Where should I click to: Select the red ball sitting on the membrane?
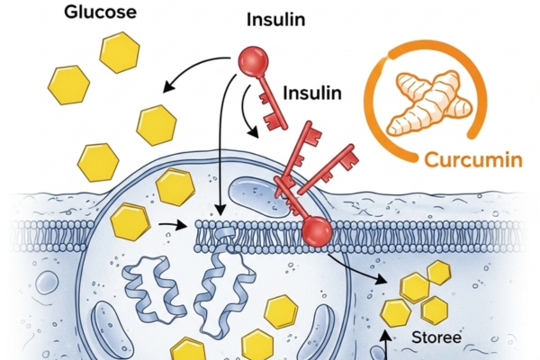pyautogui.click(x=315, y=232)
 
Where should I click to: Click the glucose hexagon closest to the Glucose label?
pyautogui.click(x=121, y=53)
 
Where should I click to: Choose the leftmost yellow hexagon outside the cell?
pyautogui.click(x=69, y=85)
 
